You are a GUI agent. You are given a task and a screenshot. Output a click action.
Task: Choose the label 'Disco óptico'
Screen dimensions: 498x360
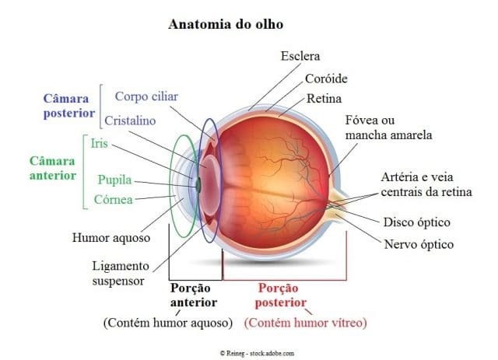pyautogui.click(x=417, y=222)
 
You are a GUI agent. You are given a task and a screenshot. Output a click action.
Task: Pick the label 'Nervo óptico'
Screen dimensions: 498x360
pyautogui.click(x=419, y=244)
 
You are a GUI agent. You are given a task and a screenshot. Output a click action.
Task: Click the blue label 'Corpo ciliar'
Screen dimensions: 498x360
pyautogui.click(x=146, y=96)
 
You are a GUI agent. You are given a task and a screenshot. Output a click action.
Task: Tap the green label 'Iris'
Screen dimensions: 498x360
pyautogui.click(x=98, y=143)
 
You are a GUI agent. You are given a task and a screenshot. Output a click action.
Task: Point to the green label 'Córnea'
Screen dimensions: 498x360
pyautogui.click(x=113, y=200)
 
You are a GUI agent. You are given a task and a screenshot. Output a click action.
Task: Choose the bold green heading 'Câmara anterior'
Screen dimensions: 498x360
pyautogui.click(x=53, y=169)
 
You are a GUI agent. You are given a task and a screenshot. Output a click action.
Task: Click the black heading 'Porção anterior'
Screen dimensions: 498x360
pyautogui.click(x=193, y=295)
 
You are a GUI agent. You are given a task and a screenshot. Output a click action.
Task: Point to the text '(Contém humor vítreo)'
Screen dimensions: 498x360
pyautogui.click(x=305, y=322)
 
